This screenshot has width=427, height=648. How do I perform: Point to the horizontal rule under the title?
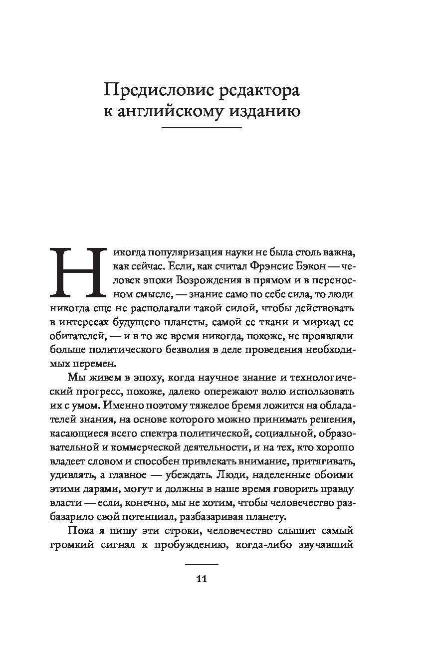click(x=202, y=129)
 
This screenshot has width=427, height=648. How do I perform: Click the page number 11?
click(x=202, y=579)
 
